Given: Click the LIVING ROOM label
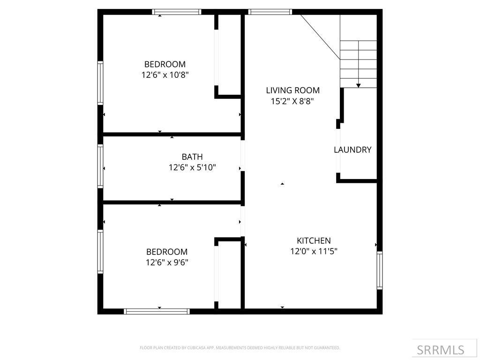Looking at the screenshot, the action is tap(292, 90).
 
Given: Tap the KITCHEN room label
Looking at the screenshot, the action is tap(314, 240).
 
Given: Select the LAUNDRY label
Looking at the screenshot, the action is tap(352, 150).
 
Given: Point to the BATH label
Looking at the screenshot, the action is tap(192, 157).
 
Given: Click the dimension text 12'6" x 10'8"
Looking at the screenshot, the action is tap(165, 75).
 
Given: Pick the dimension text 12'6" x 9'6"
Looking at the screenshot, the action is tap(167, 262).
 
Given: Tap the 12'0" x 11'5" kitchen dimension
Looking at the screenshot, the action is tap(314, 251).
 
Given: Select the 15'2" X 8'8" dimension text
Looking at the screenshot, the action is tap(292, 101).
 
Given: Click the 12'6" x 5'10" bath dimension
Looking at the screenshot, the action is tap(192, 167).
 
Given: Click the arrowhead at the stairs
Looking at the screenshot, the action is tap(358, 86).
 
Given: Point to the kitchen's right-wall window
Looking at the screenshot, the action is tap(380, 270).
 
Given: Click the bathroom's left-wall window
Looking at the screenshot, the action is tap(100, 166).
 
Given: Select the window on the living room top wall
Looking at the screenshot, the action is tap(270, 12).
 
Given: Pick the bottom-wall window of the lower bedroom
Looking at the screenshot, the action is tap(157, 311).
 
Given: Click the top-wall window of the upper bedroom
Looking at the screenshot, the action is tap(177, 12).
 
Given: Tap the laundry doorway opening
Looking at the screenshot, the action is tap(338, 151).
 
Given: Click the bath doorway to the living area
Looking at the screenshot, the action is tap(242, 156).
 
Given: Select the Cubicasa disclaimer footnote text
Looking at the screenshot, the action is tap(240, 348).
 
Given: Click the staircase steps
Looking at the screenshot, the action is tap(358, 64).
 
